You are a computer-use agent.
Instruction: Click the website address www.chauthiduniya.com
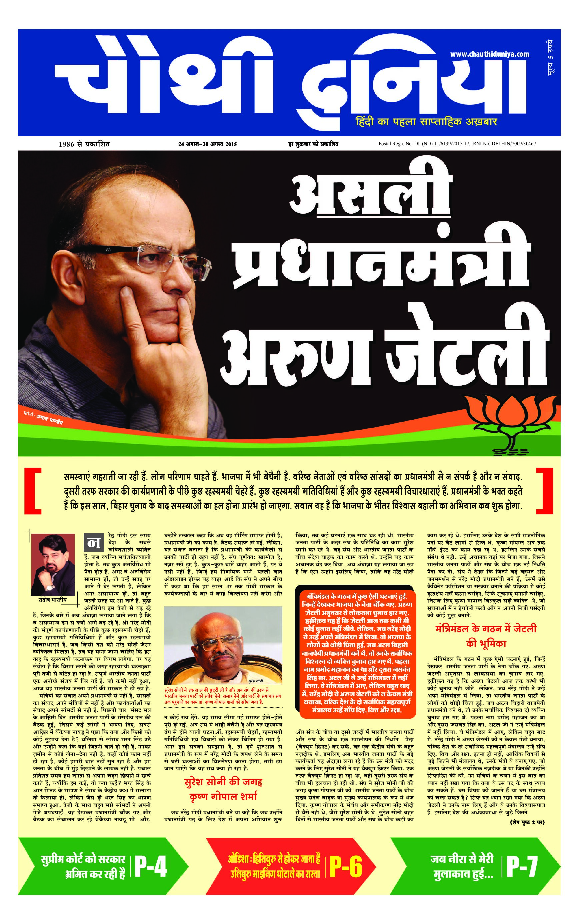tap(489, 54)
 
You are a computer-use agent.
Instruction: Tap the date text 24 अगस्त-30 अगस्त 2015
tap(207, 144)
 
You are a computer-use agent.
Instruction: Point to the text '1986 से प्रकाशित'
tap(84, 144)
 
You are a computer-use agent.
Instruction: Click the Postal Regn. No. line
tap(457, 144)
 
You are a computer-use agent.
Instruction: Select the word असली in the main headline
tap(369, 197)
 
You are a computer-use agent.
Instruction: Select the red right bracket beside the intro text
tap(544, 491)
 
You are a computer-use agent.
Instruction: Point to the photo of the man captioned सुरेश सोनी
tap(223, 645)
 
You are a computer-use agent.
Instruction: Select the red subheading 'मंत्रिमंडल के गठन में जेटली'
tap(486, 629)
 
